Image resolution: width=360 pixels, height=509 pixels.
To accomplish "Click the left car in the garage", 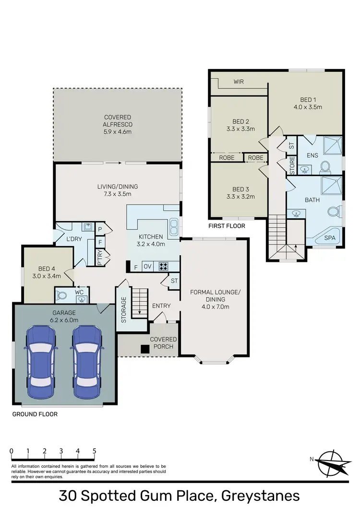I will (42, 363).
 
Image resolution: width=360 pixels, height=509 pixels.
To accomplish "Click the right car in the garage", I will (86, 363).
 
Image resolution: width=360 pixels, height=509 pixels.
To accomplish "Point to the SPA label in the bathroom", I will (330, 238).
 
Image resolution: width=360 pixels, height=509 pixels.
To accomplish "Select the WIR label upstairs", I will (239, 82).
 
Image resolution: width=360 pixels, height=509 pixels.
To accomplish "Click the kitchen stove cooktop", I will (163, 266).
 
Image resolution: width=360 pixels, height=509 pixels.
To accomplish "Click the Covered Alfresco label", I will (118, 124).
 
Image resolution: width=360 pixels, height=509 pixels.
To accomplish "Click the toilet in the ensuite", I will (325, 167).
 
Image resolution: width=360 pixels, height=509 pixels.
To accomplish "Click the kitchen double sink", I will (174, 225).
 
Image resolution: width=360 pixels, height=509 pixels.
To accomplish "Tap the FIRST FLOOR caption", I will (227, 226).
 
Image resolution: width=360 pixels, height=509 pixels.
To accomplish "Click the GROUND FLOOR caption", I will (35, 414).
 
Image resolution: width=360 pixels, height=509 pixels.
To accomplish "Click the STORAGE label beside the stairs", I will (124, 309).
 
